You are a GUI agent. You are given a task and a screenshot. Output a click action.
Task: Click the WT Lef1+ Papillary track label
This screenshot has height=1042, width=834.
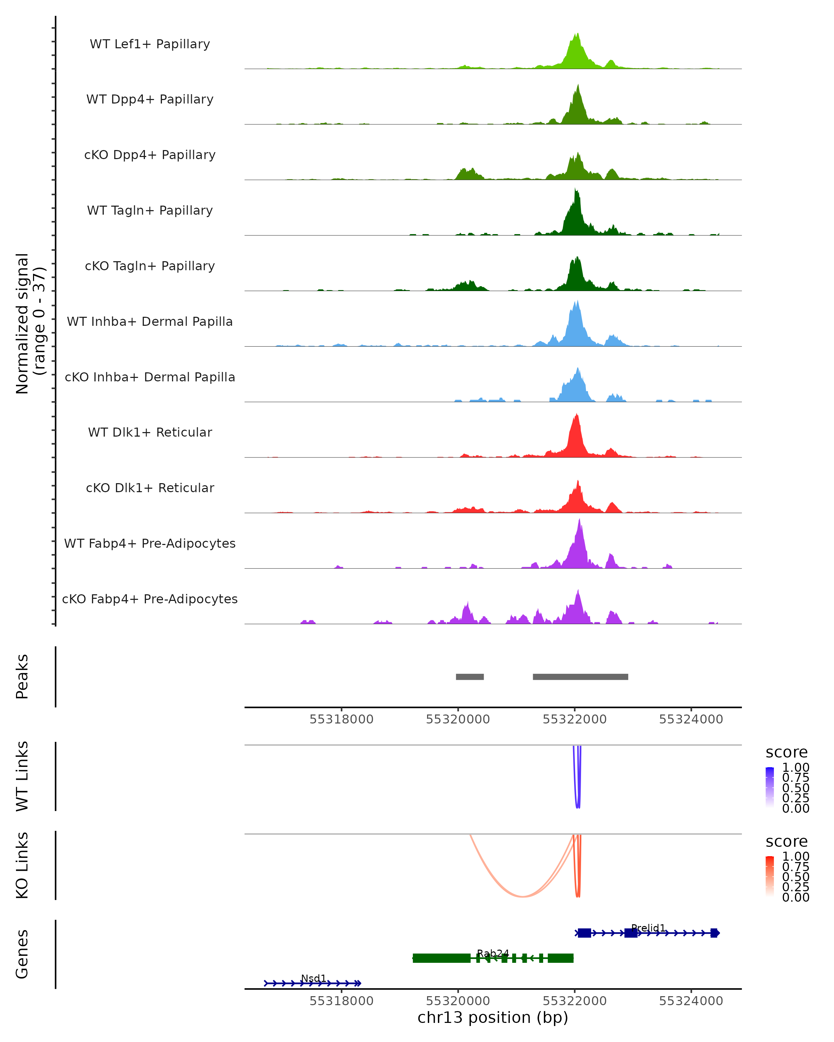click(150, 44)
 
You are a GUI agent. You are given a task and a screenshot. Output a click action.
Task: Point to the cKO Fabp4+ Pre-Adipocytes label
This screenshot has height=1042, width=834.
click(150, 599)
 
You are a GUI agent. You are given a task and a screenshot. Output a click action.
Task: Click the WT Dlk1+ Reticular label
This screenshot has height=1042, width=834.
click(150, 432)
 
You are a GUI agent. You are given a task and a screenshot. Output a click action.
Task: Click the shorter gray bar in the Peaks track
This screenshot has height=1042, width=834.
click(469, 677)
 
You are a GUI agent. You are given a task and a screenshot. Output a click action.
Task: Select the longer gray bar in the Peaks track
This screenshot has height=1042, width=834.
click(580, 677)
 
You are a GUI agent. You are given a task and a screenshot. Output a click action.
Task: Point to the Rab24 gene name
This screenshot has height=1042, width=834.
click(493, 953)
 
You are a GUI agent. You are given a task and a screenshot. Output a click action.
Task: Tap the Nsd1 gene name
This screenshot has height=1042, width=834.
click(314, 978)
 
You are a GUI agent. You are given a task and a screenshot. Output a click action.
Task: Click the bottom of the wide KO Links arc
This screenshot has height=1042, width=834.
click(523, 896)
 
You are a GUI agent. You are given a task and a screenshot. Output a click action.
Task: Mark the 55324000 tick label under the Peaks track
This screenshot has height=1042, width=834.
click(691, 719)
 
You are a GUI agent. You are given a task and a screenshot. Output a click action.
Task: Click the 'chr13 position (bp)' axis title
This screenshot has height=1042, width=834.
click(493, 1017)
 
